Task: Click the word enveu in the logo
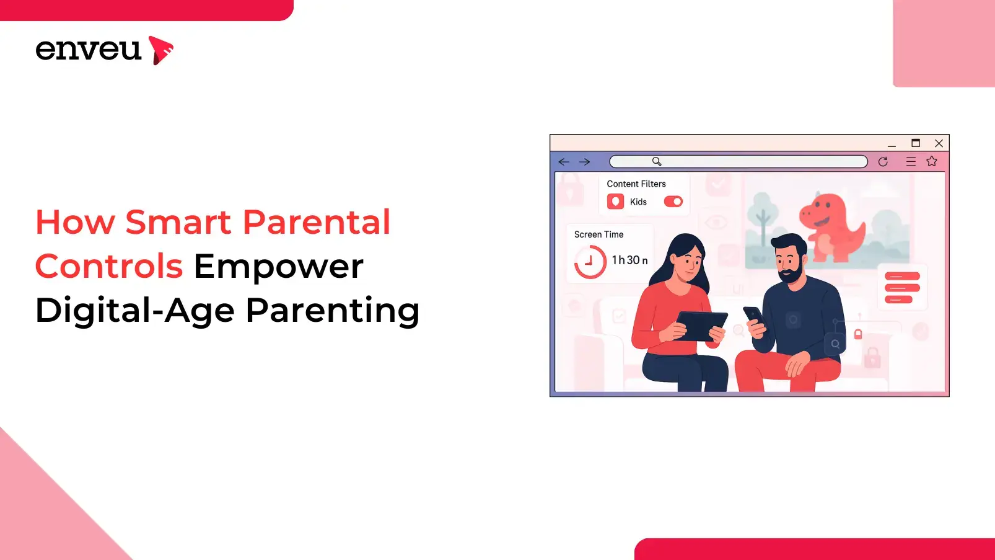tap(89, 50)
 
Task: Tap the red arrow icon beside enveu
tap(160, 50)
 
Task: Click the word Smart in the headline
tap(178, 221)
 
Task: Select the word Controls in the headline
tap(109, 265)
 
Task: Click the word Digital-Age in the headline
tap(134, 311)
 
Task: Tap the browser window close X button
tap(939, 143)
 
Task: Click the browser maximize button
tap(916, 143)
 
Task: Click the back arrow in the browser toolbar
tap(564, 162)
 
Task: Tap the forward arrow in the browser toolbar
tap(585, 162)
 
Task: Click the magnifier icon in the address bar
tap(657, 161)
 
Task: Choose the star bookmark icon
tap(931, 161)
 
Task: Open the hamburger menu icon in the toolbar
tap(911, 161)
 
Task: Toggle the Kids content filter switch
tap(673, 202)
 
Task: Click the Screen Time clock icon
tap(590, 262)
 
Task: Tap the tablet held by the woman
tap(701, 326)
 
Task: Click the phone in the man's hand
tap(753, 316)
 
